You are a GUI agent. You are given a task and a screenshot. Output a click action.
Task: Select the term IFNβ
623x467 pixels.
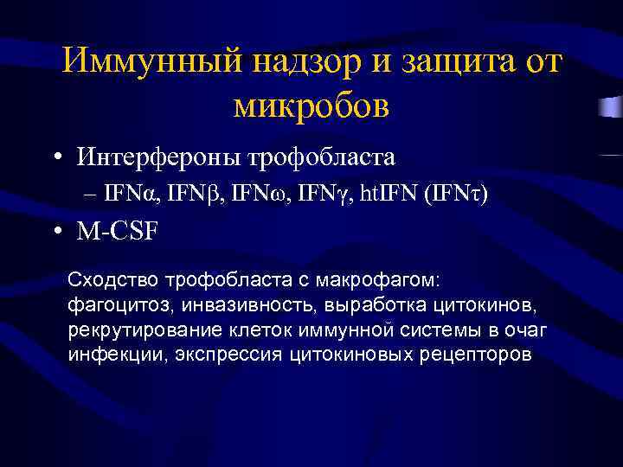tap(192, 195)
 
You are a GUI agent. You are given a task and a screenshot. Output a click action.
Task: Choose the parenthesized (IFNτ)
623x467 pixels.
tap(456, 195)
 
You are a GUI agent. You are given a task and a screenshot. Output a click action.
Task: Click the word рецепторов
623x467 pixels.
tap(480, 355)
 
